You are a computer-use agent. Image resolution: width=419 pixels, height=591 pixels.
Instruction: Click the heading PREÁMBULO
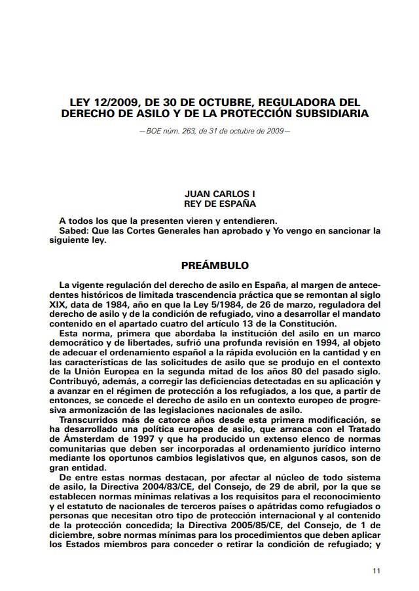(214, 266)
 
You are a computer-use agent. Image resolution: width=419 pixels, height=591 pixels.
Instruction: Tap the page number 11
(375, 571)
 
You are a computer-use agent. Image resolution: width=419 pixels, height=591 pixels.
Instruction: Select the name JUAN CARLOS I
(214, 194)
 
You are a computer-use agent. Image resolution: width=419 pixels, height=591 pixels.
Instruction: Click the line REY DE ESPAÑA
(214, 203)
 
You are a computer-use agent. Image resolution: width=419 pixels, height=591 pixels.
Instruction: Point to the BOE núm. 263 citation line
(214, 132)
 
